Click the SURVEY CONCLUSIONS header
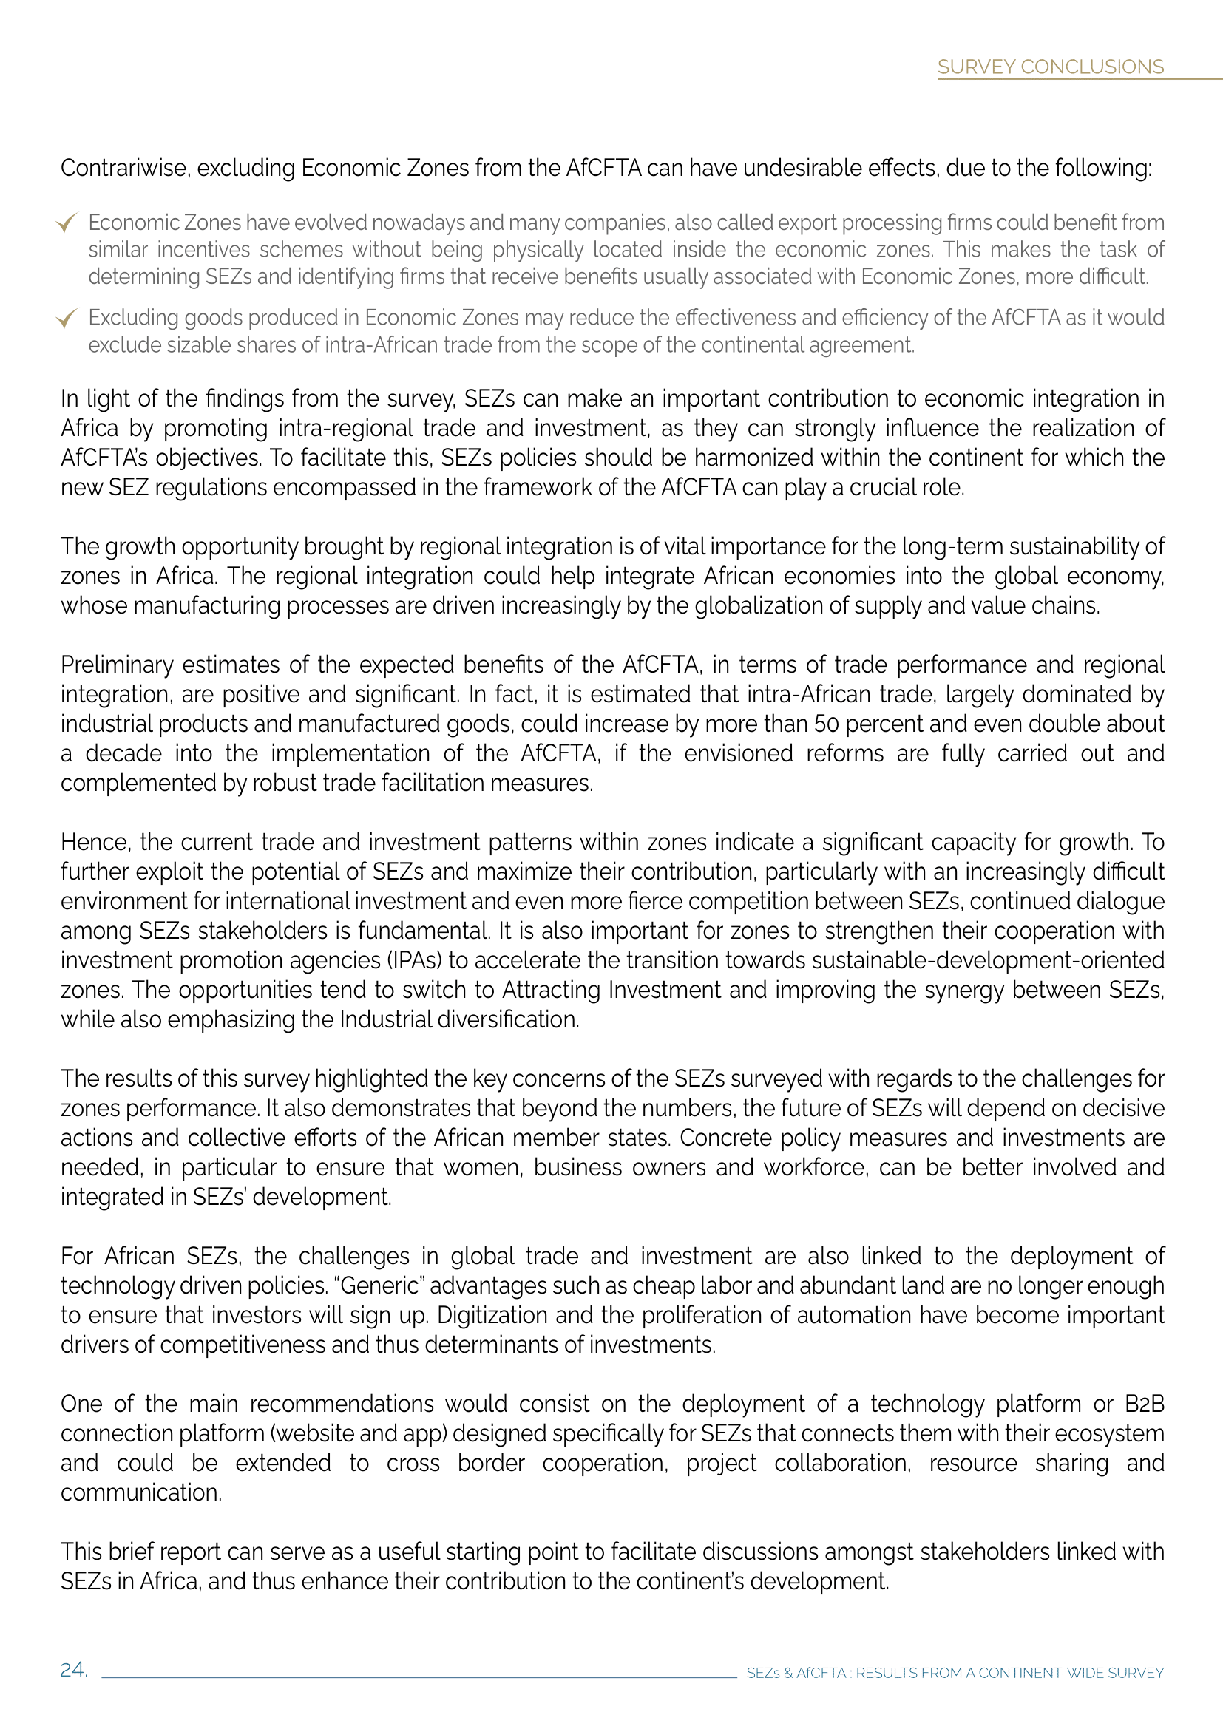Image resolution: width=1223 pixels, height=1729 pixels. pos(1050,67)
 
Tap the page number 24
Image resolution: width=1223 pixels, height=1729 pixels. pos(73,1670)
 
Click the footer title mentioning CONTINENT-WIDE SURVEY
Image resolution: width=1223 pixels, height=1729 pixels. pos(954,1673)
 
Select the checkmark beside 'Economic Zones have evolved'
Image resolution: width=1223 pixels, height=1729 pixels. pos(67,223)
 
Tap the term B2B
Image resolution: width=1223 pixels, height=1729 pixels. pos(1144,1404)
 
